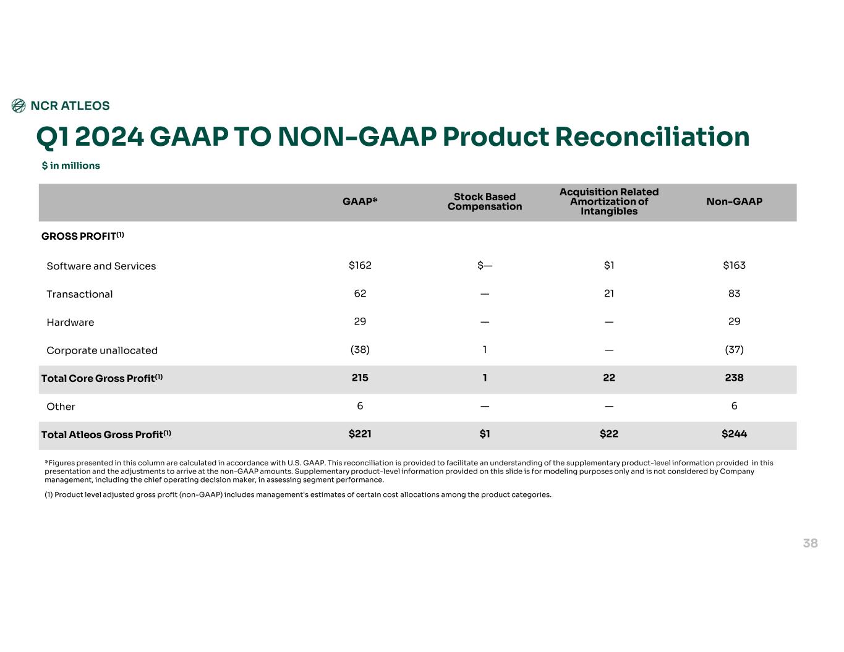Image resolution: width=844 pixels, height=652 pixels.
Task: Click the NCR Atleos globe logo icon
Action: pos(19,106)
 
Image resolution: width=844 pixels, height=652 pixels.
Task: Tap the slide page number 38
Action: pos(810,543)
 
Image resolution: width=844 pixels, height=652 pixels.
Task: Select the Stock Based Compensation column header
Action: pos(485,201)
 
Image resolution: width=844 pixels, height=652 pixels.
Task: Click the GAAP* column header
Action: pos(360,201)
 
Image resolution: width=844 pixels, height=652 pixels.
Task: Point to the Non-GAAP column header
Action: pos(734,201)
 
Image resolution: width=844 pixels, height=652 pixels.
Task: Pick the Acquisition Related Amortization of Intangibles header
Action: pos(609,201)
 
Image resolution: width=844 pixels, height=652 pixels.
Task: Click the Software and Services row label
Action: pos(101,266)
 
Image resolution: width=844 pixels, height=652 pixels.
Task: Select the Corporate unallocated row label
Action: pos(102,350)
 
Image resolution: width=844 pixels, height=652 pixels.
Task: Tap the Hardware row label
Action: pos(70,323)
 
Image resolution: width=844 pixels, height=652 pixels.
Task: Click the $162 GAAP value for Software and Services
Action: pos(360,265)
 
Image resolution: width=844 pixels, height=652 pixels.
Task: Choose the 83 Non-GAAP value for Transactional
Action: pos(734,294)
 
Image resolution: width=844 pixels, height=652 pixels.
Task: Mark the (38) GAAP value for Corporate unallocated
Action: pos(360,350)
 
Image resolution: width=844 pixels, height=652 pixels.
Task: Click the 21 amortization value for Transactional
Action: pos(609,294)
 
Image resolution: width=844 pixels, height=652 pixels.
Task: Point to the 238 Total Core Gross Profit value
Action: pos(734,378)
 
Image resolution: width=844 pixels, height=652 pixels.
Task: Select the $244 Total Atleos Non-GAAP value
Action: pos(734,434)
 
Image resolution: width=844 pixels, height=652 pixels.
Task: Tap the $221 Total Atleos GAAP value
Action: pos(360,434)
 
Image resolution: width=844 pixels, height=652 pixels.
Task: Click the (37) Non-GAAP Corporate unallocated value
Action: pos(734,350)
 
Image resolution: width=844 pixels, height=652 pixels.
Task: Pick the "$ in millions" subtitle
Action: pos(71,166)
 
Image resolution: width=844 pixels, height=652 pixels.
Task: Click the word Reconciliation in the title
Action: pos(652,137)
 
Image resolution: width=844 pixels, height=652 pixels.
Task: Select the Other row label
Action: pos(61,407)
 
